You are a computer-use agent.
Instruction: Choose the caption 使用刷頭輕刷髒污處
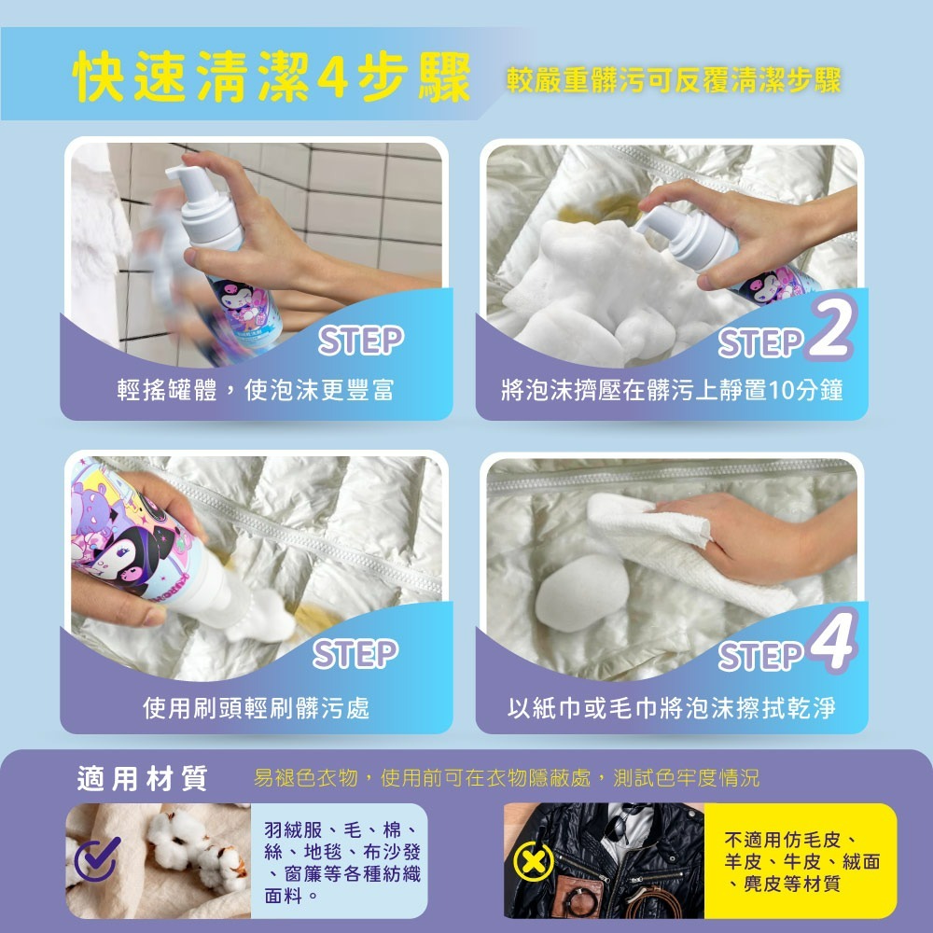(x=256, y=708)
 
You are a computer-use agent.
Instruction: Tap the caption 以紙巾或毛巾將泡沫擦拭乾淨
(x=672, y=708)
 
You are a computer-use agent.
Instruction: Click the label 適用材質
(x=142, y=779)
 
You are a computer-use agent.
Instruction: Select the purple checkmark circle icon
(x=97, y=859)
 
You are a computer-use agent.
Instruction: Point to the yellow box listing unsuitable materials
(x=800, y=860)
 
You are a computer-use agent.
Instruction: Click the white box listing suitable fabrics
(x=341, y=861)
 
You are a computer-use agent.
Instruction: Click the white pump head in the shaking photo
(x=201, y=201)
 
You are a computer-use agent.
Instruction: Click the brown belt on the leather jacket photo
(x=653, y=899)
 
